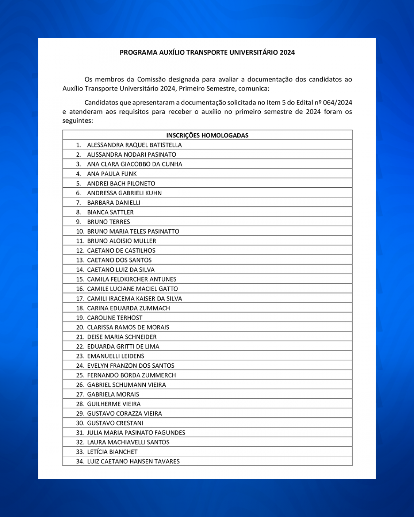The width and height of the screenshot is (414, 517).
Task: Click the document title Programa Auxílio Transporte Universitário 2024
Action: tap(207, 53)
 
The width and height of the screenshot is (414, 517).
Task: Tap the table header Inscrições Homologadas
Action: tap(207, 135)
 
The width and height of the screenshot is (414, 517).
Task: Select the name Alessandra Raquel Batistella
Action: tap(134, 145)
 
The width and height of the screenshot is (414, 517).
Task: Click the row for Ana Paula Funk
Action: tap(112, 174)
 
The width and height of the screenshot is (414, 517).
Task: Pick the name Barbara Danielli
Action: tap(114, 203)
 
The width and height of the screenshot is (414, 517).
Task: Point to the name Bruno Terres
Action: tap(108, 222)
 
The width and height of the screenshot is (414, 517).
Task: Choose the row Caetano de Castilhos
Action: tap(121, 251)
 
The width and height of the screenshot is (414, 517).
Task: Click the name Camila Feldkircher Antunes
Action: tap(131, 279)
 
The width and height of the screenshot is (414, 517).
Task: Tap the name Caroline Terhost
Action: tap(115, 318)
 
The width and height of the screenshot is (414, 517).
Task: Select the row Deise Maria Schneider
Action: tap(122, 337)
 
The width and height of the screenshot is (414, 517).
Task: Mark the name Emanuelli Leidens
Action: tap(115, 356)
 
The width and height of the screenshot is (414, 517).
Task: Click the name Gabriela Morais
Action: tap(113, 394)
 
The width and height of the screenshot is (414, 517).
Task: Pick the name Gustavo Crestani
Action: tap(115, 423)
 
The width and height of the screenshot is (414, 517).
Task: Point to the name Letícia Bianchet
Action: tap(112, 452)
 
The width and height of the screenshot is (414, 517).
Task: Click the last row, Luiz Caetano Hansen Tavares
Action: tap(133, 462)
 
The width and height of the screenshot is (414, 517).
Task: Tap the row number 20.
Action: tap(80, 328)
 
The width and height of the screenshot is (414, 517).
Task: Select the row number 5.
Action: tap(78, 183)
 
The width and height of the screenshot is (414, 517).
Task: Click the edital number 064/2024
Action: tap(337, 103)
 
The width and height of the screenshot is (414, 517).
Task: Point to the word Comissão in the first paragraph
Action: tap(151, 79)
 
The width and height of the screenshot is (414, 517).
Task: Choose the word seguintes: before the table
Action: tap(78, 121)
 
